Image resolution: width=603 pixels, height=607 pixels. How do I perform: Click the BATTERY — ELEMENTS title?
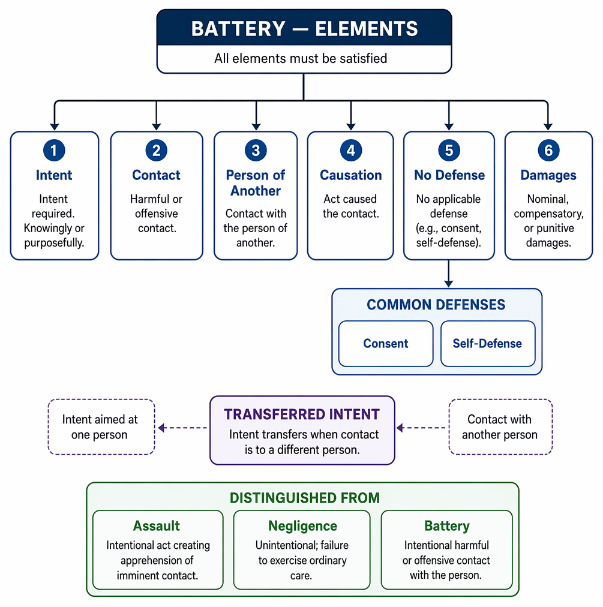click(x=304, y=29)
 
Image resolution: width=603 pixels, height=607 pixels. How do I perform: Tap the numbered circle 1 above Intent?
click(x=54, y=150)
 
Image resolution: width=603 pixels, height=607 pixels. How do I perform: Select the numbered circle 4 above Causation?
click(x=351, y=150)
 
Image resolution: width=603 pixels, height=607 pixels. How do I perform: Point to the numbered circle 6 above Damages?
click(x=548, y=150)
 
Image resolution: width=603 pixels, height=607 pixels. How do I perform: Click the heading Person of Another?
click(x=256, y=183)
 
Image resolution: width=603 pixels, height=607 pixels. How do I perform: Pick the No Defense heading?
click(x=449, y=175)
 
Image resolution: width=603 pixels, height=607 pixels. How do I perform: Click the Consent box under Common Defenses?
click(x=386, y=343)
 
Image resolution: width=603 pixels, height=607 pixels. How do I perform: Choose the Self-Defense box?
click(x=488, y=343)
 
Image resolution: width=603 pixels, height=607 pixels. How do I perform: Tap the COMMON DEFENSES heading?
click(x=436, y=305)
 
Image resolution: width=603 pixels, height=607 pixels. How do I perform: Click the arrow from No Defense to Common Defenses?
click(x=448, y=274)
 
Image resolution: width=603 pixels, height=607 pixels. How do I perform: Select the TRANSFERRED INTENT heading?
click(x=302, y=414)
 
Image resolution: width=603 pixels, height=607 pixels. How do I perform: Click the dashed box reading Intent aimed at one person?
click(x=101, y=426)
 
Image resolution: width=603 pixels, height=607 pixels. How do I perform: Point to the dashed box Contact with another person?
click(x=500, y=426)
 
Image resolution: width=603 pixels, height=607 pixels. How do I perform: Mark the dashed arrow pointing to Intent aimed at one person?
click(x=182, y=428)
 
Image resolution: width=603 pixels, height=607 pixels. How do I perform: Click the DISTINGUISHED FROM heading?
click(x=305, y=498)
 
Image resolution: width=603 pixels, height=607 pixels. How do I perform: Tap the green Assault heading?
click(x=157, y=525)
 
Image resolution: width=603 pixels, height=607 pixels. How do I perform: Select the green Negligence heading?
click(x=302, y=526)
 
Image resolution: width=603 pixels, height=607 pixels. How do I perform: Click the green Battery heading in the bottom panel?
click(x=447, y=526)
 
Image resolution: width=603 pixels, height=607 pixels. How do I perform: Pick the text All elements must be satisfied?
click(x=301, y=58)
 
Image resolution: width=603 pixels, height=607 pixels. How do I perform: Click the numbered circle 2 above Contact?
click(x=157, y=150)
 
